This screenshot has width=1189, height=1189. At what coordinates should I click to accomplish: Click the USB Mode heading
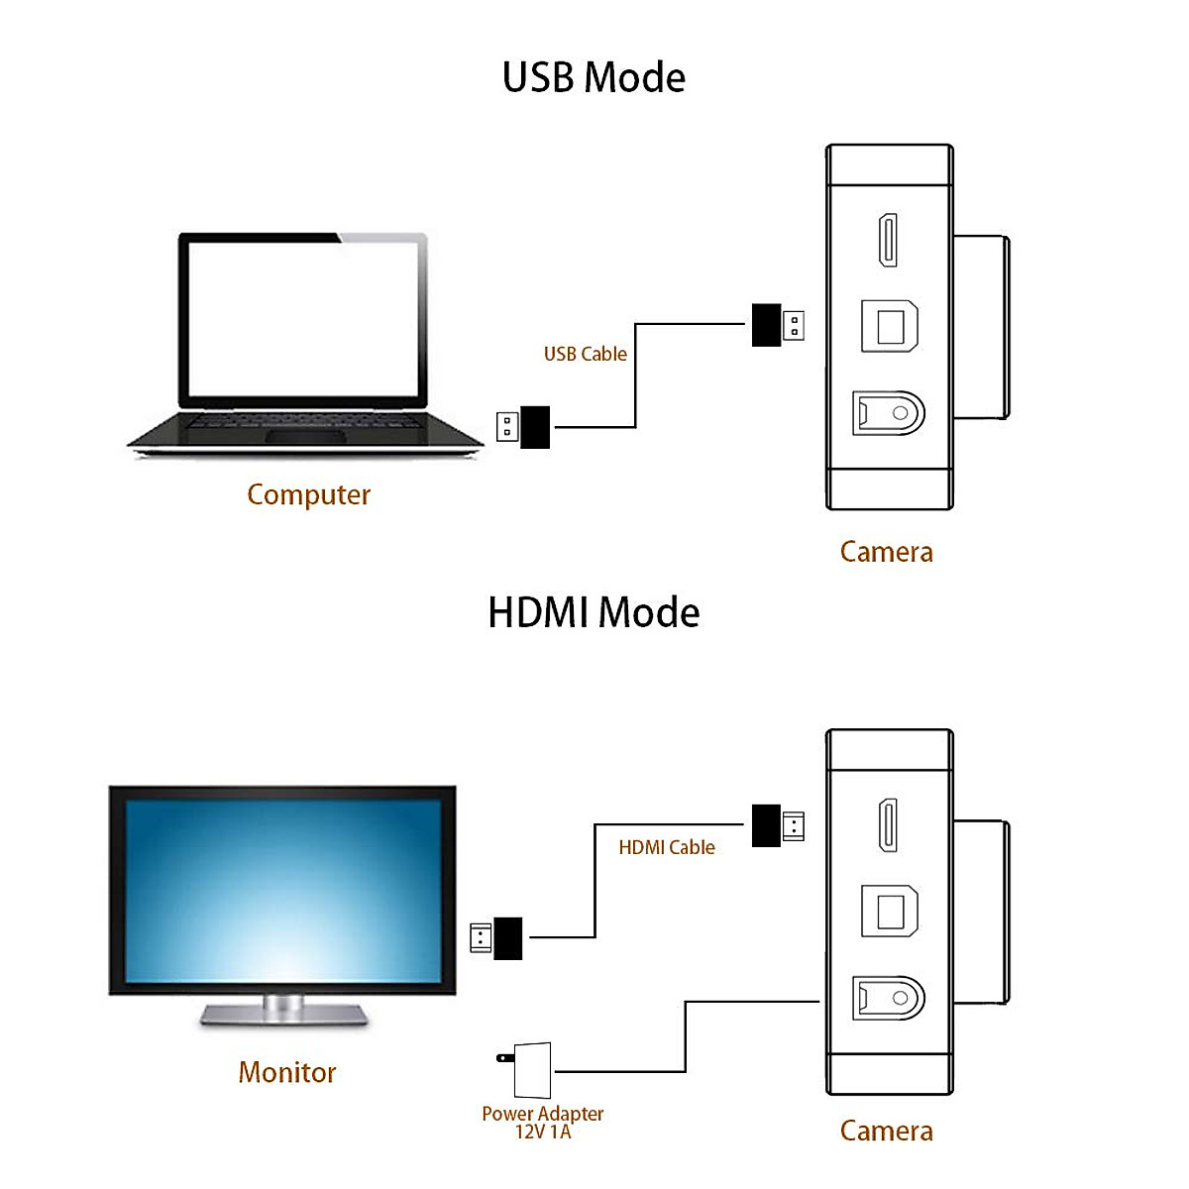tap(594, 77)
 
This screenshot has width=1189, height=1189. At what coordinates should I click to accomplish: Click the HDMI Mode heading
tap(594, 612)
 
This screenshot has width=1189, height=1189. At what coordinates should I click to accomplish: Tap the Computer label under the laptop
tap(308, 494)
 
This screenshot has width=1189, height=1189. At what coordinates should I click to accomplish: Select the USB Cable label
tap(585, 354)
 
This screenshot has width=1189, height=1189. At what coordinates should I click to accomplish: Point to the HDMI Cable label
tap(666, 847)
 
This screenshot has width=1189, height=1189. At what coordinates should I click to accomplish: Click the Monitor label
tap(287, 1072)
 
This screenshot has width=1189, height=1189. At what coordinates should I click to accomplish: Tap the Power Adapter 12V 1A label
tap(542, 1122)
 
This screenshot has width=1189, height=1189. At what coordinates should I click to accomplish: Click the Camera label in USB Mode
tap(886, 552)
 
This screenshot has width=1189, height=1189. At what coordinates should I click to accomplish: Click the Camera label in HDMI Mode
tap(886, 1131)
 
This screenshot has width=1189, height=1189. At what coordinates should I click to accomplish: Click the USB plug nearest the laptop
tap(523, 427)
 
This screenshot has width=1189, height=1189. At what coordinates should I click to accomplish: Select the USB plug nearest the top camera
tap(778, 325)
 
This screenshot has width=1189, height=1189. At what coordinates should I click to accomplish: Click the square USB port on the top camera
tap(889, 326)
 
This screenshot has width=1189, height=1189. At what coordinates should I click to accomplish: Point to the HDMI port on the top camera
tap(889, 240)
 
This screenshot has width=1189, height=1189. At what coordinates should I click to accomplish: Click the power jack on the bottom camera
tap(889, 998)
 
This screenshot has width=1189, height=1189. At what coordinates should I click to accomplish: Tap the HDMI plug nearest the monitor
tap(495, 937)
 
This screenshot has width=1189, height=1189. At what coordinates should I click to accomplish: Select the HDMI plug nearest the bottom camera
tap(778, 825)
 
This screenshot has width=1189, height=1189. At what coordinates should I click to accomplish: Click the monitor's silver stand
tap(283, 1012)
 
